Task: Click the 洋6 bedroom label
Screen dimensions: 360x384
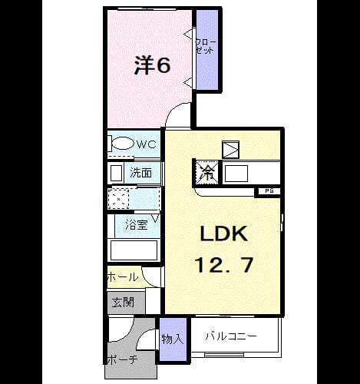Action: click(152, 65)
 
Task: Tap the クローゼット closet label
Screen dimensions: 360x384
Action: click(205, 46)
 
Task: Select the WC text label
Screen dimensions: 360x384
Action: click(147, 144)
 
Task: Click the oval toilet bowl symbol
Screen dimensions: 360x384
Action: click(123, 144)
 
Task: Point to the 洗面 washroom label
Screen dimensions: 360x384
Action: click(140, 173)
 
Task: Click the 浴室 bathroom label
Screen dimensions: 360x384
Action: click(137, 224)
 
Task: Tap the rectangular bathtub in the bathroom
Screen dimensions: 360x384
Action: click(134, 250)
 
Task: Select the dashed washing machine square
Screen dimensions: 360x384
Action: click(118, 198)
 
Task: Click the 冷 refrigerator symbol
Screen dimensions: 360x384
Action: click(207, 172)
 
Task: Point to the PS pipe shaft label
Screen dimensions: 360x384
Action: click(269, 191)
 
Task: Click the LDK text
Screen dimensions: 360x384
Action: click(224, 233)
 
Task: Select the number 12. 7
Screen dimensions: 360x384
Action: click(224, 265)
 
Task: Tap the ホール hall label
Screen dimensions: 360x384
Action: click(123, 276)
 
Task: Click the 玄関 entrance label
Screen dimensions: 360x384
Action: click(123, 303)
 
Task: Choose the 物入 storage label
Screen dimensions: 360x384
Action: click(173, 339)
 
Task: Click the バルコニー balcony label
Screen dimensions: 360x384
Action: click(231, 336)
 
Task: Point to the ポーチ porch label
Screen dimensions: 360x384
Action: click(123, 360)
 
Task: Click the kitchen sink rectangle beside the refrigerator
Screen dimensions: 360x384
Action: click(236, 174)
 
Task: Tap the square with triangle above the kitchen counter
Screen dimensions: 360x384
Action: click(231, 149)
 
